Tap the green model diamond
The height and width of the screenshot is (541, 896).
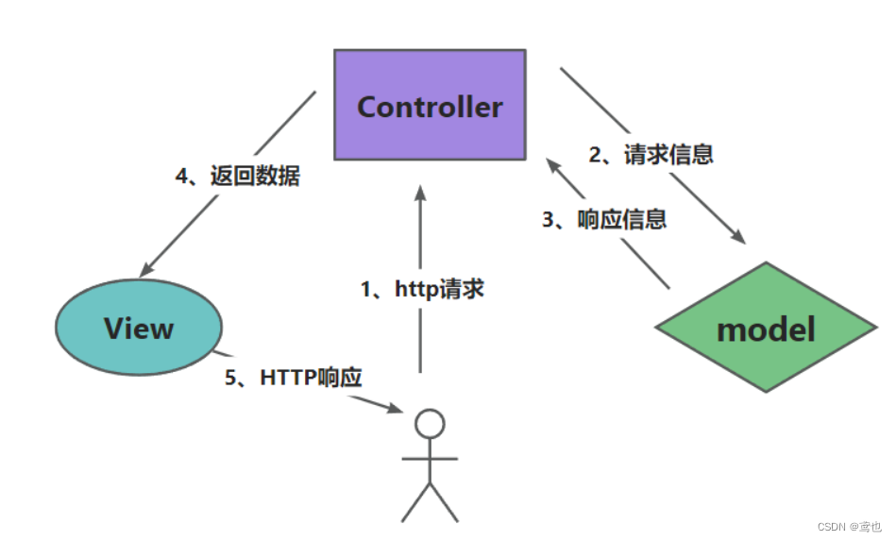766,329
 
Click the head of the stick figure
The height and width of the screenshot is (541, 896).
430,424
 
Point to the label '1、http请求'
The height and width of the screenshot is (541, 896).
422,289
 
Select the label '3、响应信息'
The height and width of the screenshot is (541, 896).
604,220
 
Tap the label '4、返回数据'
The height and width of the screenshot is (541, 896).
238,176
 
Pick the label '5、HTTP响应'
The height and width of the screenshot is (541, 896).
293,378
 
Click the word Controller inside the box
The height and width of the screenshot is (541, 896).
430,107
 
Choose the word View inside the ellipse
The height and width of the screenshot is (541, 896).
139,329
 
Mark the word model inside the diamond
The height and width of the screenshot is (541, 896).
766,330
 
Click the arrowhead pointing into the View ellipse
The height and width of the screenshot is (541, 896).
147,267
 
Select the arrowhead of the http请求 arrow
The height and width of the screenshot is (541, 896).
421,193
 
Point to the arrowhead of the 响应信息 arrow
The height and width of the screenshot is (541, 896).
553,165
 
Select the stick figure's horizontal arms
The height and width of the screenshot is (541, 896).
430,459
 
